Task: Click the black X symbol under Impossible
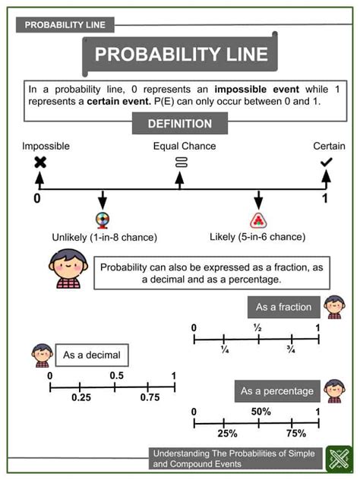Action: point(40,163)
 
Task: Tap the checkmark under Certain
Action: point(327,163)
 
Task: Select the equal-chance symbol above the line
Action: point(182,163)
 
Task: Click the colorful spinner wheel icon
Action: point(103,221)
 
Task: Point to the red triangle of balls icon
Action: point(258,220)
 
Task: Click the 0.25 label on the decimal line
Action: point(81,397)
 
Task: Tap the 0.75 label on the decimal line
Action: point(150,397)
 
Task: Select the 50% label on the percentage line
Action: point(261,412)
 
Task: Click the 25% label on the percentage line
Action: point(227,433)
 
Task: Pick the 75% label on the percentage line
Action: point(296,433)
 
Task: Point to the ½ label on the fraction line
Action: point(257,328)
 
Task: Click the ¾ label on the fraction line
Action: point(291,349)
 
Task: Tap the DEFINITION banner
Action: point(180,123)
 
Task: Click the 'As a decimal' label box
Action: point(92,355)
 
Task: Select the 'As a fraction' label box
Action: point(284,307)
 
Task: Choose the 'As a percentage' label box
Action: point(277,391)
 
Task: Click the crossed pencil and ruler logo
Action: point(339,459)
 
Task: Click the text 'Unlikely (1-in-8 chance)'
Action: point(104,237)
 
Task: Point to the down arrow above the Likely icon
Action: point(258,201)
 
